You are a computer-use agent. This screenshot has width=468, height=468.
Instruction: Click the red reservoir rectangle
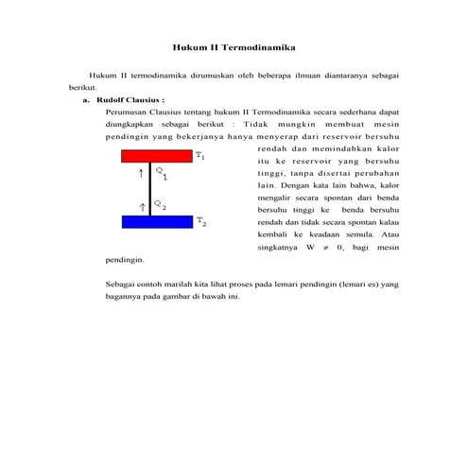(157, 155)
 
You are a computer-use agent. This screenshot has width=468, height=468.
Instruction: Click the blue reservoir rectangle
(157, 222)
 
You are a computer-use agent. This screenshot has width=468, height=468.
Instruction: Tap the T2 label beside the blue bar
(201, 223)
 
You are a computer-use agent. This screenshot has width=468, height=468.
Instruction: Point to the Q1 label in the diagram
(162, 174)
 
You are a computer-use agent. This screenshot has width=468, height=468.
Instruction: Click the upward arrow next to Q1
(142, 173)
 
